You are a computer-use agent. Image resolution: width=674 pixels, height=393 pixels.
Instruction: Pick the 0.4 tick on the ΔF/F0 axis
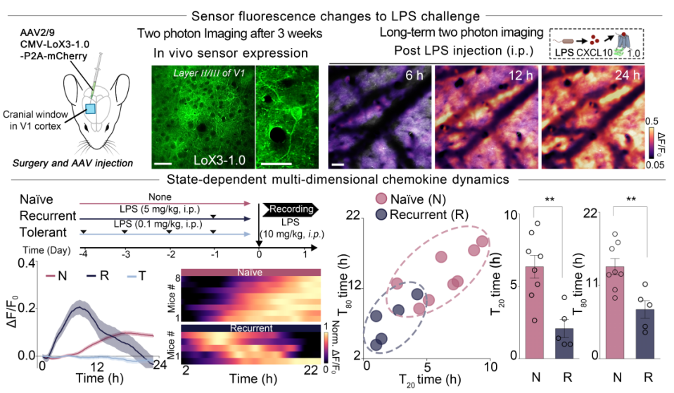click(x=27, y=263)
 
